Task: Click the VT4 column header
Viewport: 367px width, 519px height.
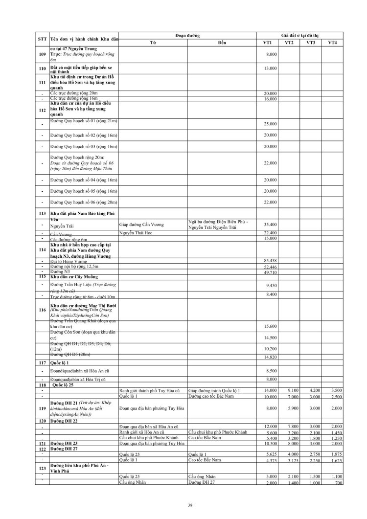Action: pyautogui.click(x=332, y=43)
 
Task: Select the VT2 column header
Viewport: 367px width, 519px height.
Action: pyautogui.click(x=289, y=43)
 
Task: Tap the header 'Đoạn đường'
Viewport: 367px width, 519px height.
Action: pyautogui.click(x=187, y=36)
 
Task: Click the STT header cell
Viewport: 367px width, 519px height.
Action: pyautogui.click(x=42, y=39)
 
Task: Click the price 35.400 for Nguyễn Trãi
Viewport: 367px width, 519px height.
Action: pyautogui.click(x=270, y=225)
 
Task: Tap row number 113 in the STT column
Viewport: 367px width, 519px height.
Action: pyautogui.click(x=42, y=214)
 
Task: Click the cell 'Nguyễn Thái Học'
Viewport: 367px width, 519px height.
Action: pyautogui.click(x=136, y=233)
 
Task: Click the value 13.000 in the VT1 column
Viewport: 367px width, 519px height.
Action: pyautogui.click(x=270, y=68)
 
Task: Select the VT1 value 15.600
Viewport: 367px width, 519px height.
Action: pyautogui.click(x=270, y=325)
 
